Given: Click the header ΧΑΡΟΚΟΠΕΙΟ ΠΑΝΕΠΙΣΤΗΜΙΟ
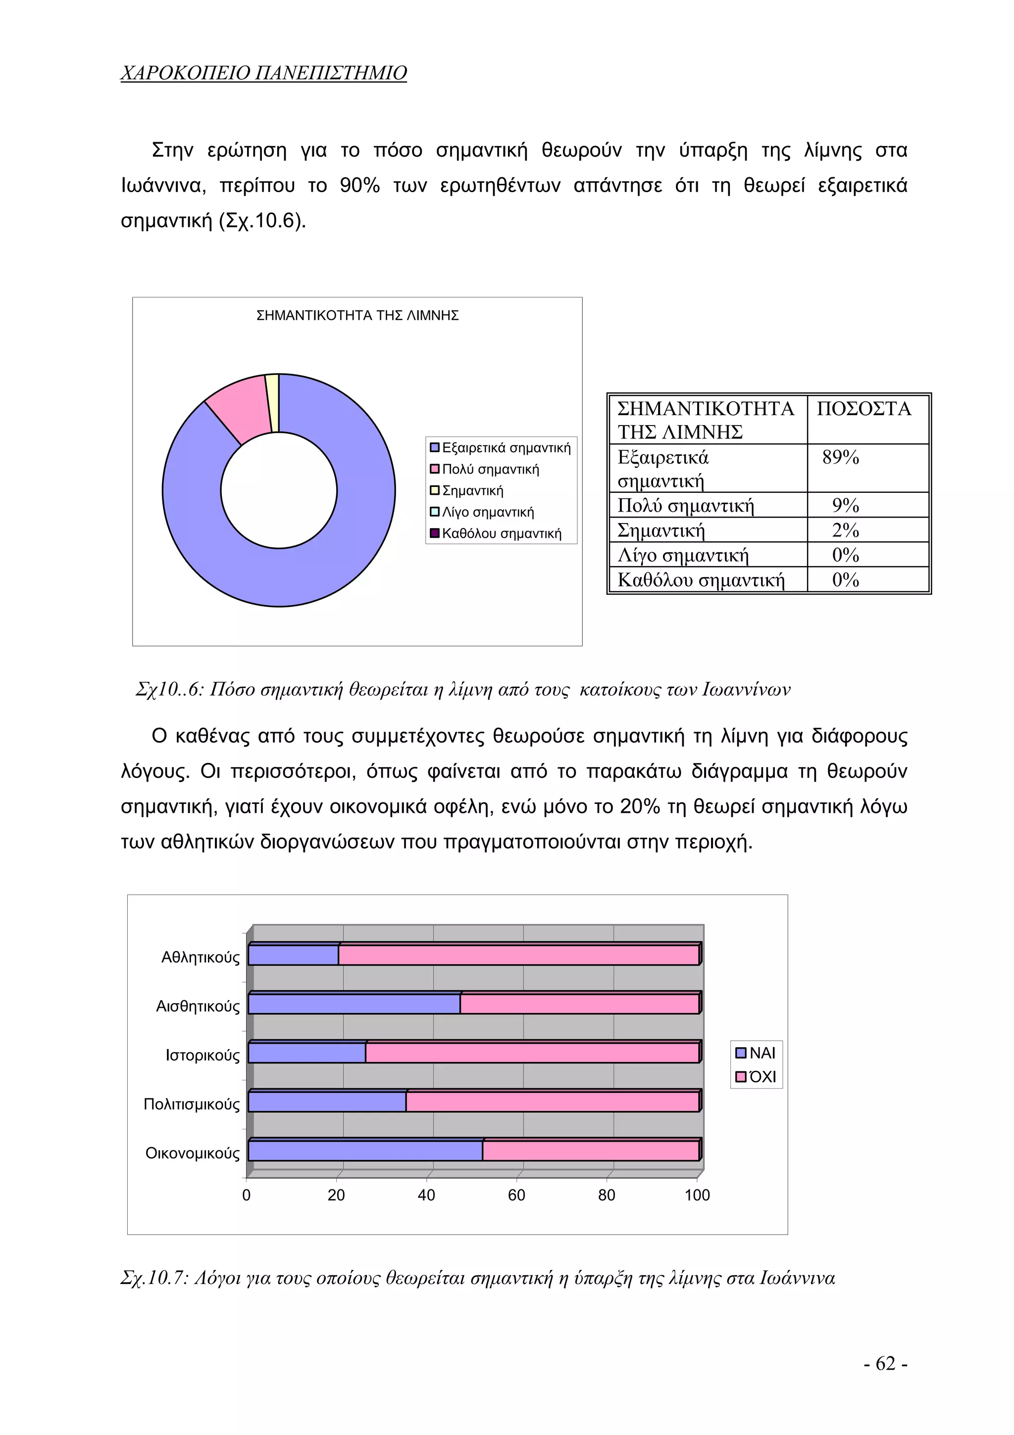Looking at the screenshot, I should tap(263, 73).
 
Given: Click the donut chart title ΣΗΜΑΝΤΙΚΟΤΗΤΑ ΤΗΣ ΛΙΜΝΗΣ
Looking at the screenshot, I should tap(357, 316).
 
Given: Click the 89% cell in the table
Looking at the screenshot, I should tap(840, 458).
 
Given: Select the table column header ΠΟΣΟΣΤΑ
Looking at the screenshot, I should tap(863, 409).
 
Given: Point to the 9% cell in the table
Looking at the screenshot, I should tap(845, 505).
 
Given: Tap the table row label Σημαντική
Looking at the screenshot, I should tap(660, 531).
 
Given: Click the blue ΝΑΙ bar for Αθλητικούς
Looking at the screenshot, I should tap(293, 955).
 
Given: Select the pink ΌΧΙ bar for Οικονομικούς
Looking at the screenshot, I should tap(590, 1151).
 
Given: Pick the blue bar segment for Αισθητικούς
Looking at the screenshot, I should tap(354, 1005).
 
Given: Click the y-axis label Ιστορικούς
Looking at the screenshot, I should tap(202, 1056).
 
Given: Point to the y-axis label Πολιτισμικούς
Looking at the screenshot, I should tap(191, 1105).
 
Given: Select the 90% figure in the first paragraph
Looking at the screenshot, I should tap(359, 186).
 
